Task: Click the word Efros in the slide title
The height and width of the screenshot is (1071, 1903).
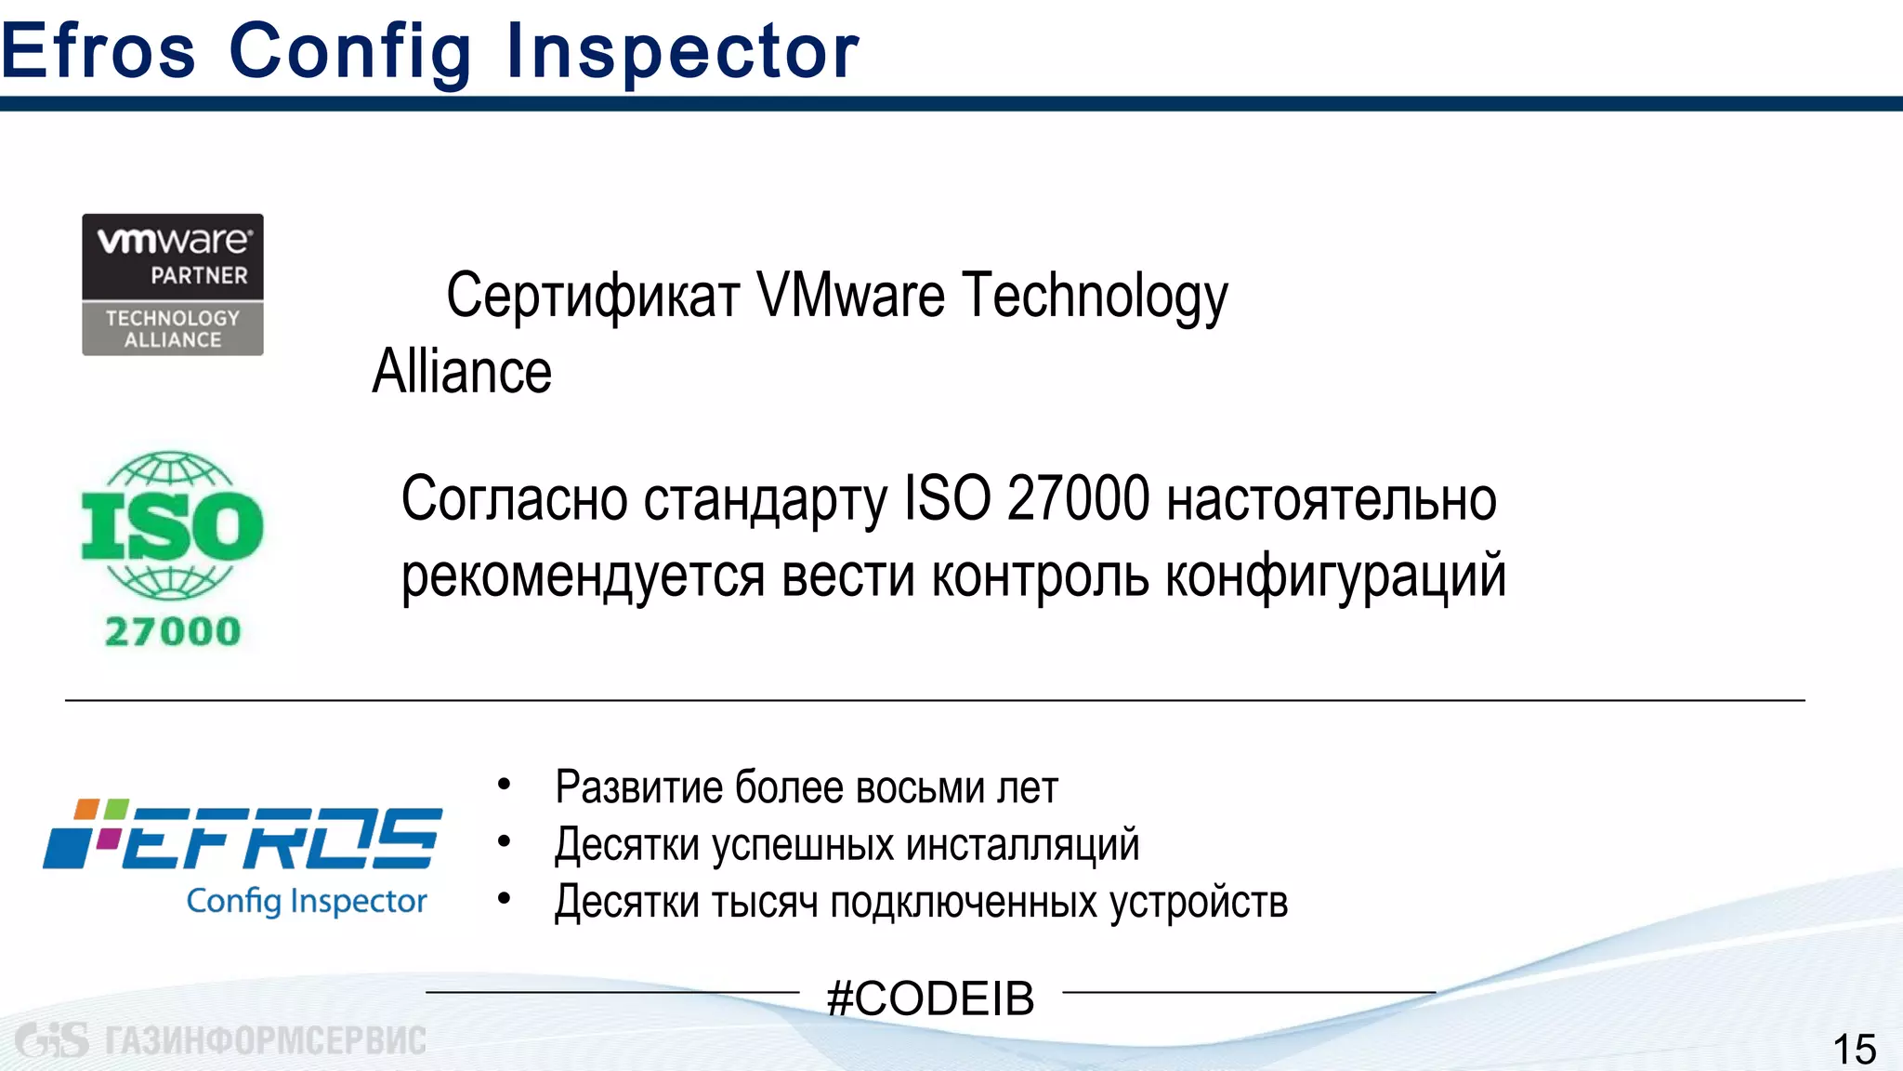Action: point(98,51)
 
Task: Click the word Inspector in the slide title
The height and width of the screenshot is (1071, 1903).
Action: point(683,51)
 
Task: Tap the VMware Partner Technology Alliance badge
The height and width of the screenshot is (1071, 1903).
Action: point(173,284)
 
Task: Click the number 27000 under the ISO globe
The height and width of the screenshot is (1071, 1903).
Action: point(173,632)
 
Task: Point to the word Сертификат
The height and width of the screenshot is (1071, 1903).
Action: point(593,296)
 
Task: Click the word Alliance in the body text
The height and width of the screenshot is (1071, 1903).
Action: point(462,372)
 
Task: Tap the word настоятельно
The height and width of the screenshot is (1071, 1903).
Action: point(1332,499)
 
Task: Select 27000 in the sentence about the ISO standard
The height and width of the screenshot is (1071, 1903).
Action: point(1079,499)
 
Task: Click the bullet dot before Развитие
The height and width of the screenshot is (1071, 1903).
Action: point(505,786)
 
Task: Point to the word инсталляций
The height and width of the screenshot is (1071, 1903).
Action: point(1022,845)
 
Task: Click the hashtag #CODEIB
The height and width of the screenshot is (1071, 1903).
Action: point(930,998)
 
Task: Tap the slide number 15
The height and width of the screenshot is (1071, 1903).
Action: point(1854,1050)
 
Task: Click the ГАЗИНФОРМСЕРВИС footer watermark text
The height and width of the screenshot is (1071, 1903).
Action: point(265,1040)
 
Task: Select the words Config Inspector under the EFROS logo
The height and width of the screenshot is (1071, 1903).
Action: point(307,901)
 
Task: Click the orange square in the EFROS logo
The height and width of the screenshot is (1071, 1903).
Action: point(87,809)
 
